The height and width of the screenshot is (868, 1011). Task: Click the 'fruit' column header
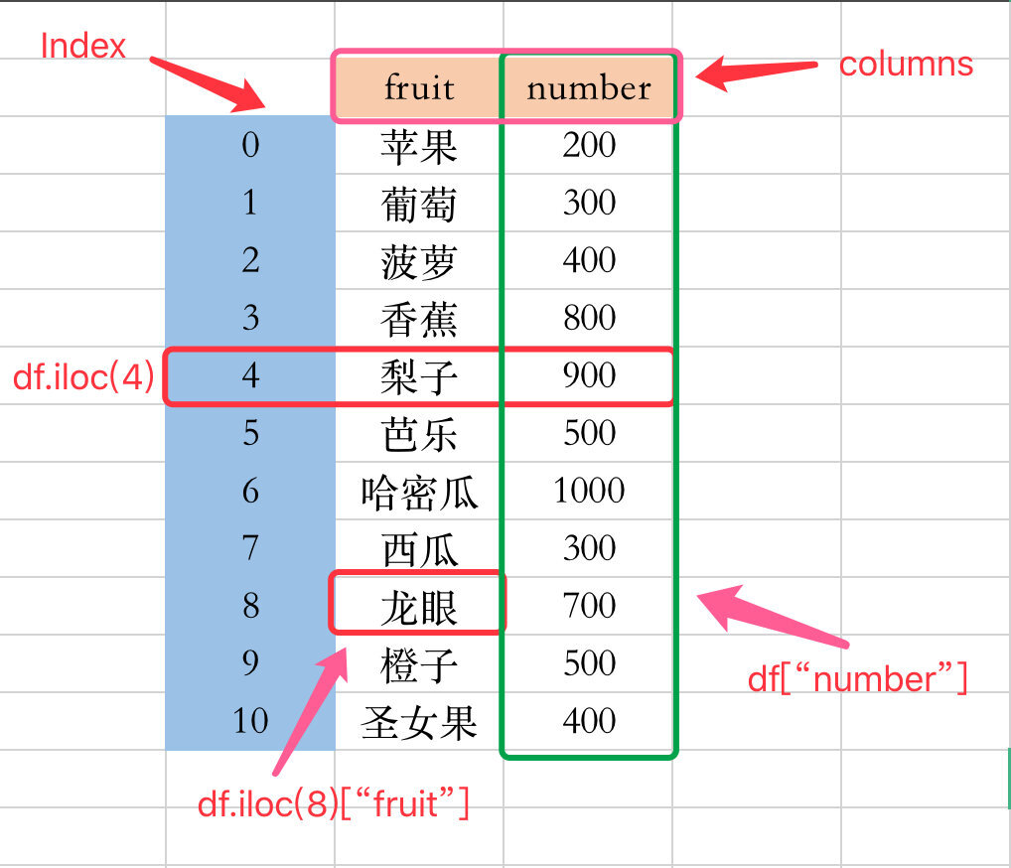point(419,87)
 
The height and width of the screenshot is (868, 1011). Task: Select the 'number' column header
point(589,87)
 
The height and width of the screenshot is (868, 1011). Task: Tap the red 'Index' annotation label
point(82,47)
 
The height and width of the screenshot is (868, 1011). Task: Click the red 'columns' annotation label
point(906,65)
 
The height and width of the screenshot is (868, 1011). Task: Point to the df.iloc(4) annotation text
point(83,376)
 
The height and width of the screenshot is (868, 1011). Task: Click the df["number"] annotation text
point(857,678)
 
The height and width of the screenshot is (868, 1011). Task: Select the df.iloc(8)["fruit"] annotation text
point(334,803)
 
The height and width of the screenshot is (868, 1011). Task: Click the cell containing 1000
point(589,490)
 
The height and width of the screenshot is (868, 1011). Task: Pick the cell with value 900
point(589,375)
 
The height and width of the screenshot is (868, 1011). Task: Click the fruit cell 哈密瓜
point(419,493)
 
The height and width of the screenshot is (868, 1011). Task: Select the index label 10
point(250,720)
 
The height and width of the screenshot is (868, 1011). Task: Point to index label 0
point(250,144)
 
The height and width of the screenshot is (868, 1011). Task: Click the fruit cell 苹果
point(419,147)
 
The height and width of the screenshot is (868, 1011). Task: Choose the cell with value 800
point(589,317)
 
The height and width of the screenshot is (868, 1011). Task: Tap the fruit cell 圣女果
point(419,723)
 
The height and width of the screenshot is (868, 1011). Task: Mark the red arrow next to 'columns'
point(757,71)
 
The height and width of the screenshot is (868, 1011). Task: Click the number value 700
point(589,606)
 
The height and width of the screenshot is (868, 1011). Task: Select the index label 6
point(250,491)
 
